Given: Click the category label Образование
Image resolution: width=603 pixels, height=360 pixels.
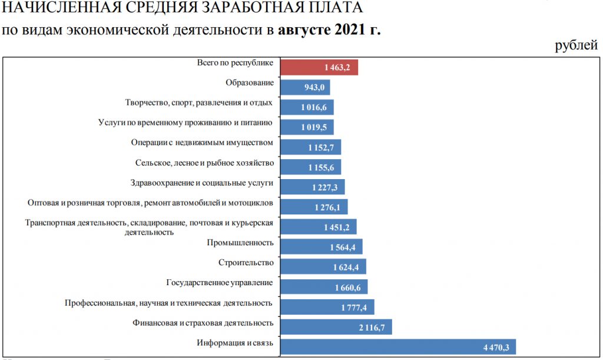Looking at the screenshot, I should click(249, 83).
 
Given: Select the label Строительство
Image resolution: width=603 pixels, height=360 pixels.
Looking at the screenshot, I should click(246, 262).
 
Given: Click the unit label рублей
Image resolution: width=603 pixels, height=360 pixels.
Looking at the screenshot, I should click(576, 47).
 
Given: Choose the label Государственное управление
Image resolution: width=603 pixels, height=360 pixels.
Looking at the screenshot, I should click(220, 282).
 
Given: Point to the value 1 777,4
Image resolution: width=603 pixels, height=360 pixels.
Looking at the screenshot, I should click(354, 307).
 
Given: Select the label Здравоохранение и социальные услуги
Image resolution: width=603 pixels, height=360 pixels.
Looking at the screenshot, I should click(202, 183).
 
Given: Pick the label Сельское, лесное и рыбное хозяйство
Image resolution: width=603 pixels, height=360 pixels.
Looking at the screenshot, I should click(204, 163).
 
